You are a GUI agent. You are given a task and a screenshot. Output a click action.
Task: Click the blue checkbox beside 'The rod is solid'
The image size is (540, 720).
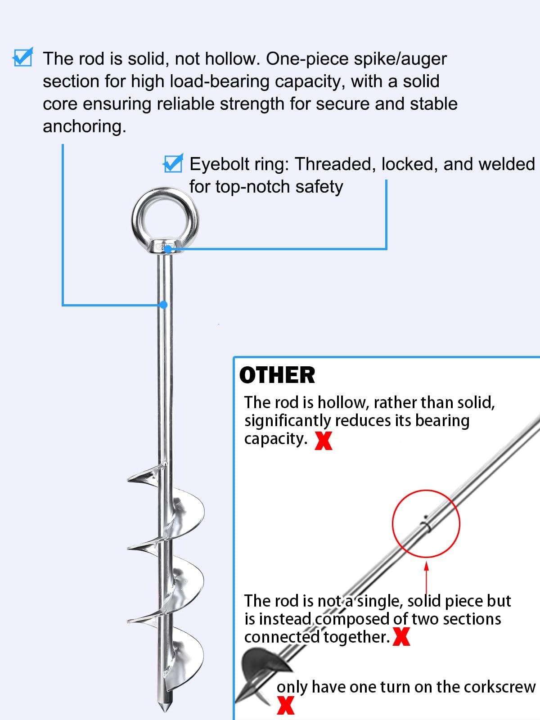pyautogui.click(x=22, y=57)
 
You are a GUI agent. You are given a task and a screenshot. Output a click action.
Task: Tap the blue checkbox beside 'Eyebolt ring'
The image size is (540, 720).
pyautogui.click(x=173, y=163)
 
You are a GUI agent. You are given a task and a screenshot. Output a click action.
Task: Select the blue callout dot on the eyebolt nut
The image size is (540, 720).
pyautogui.click(x=168, y=249)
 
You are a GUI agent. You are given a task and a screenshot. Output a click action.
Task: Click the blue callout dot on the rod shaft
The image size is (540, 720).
pyautogui.click(x=164, y=305)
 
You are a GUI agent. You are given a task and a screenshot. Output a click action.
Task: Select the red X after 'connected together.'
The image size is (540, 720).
pyautogui.click(x=401, y=637)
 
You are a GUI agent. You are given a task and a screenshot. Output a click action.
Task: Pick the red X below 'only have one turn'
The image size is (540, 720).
pyautogui.click(x=286, y=706)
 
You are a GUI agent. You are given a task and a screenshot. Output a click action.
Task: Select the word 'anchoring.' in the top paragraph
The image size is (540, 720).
pyautogui.click(x=85, y=126)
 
